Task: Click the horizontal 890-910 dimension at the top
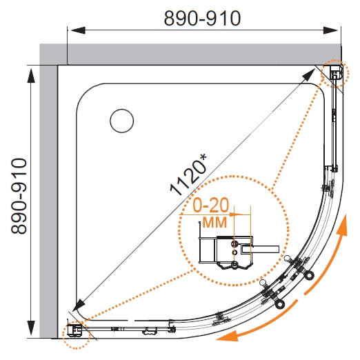tap(202, 19)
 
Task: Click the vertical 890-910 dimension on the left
tap(19, 196)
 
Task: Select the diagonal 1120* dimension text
tap(188, 174)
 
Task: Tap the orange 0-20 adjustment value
tap(211, 205)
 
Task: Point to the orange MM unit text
tap(215, 222)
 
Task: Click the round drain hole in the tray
tap(122, 121)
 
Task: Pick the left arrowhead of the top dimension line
tap(78, 30)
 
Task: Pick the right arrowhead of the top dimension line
tap(330, 30)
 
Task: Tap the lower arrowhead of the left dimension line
tap(31, 328)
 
